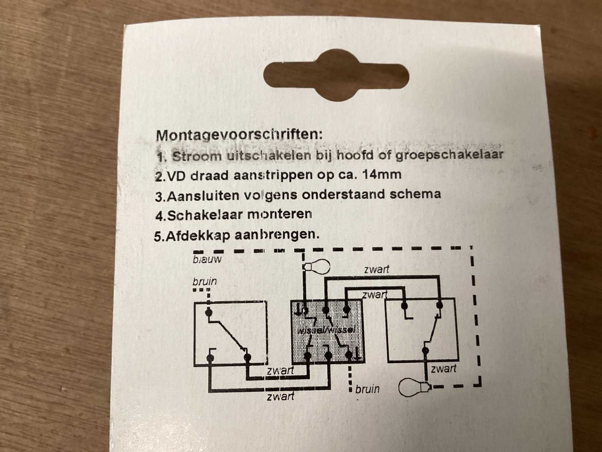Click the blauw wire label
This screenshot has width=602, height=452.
207,260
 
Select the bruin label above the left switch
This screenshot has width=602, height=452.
205,282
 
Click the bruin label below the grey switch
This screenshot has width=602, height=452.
368,389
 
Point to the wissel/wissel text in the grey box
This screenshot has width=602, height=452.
326,330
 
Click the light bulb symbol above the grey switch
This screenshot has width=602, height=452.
316,266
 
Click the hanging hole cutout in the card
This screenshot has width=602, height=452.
336,75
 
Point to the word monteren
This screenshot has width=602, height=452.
280,214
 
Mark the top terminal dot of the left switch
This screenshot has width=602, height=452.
209,312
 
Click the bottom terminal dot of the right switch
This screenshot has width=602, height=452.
426,350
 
